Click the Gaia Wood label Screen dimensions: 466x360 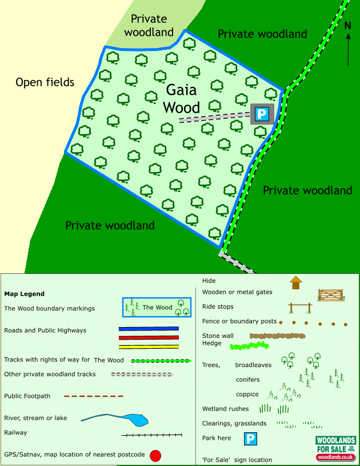pyautogui.click(x=181, y=99)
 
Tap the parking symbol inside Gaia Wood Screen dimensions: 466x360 pyautogui.click(x=262, y=114)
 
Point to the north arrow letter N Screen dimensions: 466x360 pyautogui.click(x=348, y=25)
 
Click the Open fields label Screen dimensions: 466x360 pyautogui.click(x=45, y=82)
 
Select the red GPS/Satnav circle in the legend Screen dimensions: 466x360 pyautogui.click(x=155, y=456)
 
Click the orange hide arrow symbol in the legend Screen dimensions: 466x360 pyautogui.click(x=295, y=282)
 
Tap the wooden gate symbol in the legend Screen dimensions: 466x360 pyautogui.click(x=330, y=294)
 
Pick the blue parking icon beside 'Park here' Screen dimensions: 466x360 pyautogui.click(x=250, y=439)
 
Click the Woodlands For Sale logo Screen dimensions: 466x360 pyautogui.click(x=337, y=448)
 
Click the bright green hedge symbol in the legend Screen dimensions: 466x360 pyautogui.click(x=249, y=346)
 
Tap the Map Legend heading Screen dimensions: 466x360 pyautogui.click(x=24, y=294)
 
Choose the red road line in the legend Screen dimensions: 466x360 pyautogui.click(x=149, y=337)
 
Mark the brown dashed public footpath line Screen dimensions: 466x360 pyautogui.click(x=93, y=396)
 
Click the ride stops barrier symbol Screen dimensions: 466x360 pyautogui.click(x=300, y=308)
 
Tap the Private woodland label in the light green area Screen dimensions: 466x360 pyautogui.click(x=149, y=26)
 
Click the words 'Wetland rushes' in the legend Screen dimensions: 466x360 pyautogui.click(x=226, y=409)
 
